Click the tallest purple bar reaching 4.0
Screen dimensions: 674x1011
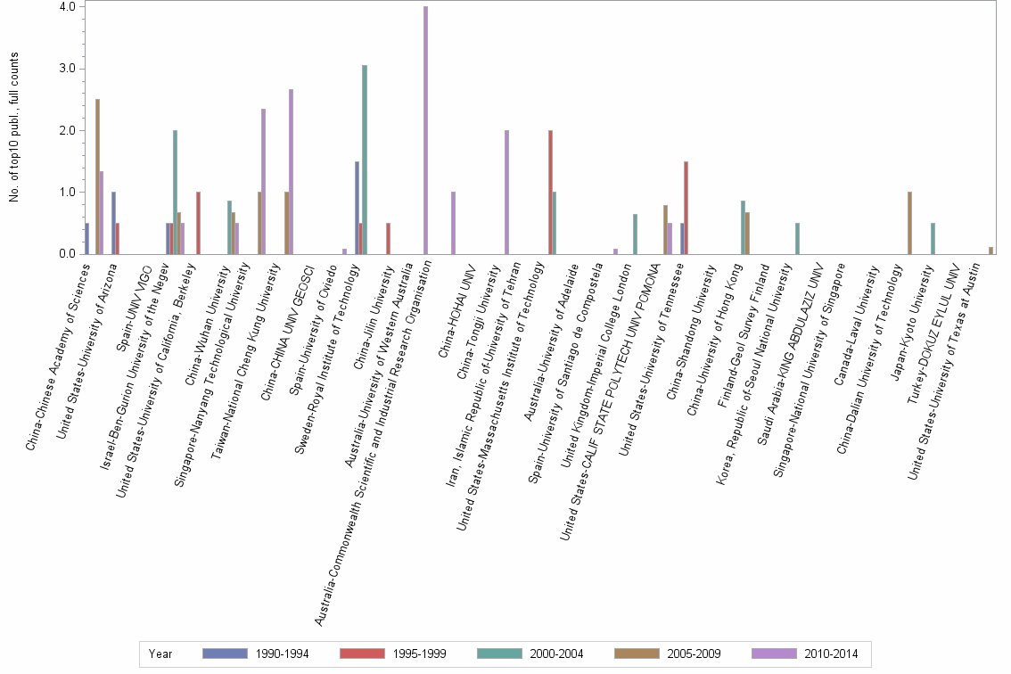(426, 130)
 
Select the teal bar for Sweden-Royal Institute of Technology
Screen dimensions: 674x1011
(365, 160)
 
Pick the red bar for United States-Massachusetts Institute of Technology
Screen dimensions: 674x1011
(550, 193)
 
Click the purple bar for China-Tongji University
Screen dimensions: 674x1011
(506, 193)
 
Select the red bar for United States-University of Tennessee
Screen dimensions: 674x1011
(686, 208)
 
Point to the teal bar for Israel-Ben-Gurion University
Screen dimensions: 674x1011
(175, 193)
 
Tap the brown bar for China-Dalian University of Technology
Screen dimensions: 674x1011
(909, 223)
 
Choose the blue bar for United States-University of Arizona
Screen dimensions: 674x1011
(113, 223)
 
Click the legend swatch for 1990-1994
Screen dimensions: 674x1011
(226, 653)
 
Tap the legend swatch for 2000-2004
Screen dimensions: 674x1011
(500, 653)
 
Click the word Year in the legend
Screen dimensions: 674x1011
(160, 653)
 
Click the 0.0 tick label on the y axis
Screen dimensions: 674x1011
(67, 254)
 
